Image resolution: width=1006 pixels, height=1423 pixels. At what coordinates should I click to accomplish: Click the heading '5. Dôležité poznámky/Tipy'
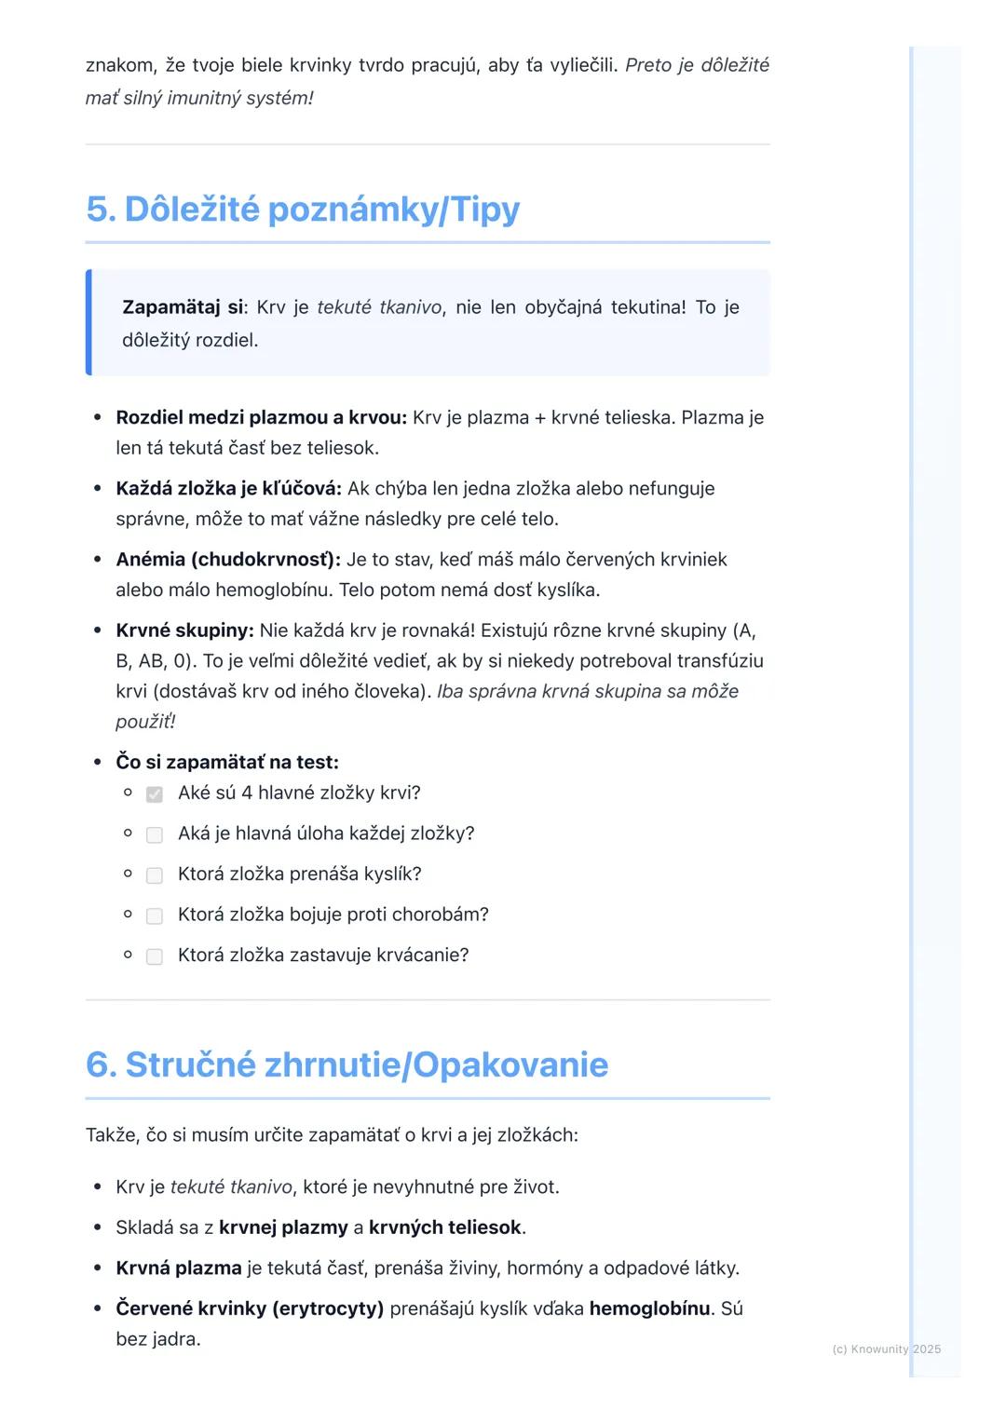click(303, 210)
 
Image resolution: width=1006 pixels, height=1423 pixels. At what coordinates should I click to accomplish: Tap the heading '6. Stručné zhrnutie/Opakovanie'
click(347, 1064)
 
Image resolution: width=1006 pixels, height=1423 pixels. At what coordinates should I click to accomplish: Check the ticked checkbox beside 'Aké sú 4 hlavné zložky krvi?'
click(155, 794)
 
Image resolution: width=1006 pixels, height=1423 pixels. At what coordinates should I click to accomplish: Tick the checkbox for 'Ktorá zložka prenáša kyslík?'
click(155, 875)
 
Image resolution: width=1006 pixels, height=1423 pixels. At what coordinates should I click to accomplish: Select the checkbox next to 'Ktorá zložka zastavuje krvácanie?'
click(155, 956)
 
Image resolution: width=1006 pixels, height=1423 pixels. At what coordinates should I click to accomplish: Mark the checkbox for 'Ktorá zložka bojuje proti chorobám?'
click(155, 916)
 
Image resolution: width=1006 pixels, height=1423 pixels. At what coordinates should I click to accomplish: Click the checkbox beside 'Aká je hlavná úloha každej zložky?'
click(155, 835)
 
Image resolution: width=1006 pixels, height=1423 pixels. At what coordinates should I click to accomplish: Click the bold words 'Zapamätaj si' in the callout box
click(183, 307)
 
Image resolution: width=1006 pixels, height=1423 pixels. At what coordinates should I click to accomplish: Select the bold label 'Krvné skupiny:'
click(184, 630)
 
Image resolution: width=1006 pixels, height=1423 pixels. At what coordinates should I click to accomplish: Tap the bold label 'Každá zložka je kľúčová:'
click(228, 489)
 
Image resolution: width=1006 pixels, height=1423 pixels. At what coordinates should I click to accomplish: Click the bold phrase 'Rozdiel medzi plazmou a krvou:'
click(261, 417)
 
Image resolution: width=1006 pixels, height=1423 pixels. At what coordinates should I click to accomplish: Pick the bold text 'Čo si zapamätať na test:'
click(227, 763)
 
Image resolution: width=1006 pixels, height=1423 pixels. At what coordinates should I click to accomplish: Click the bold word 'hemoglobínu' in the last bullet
click(649, 1308)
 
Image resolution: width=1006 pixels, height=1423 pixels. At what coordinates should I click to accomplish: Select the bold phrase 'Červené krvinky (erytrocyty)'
click(250, 1308)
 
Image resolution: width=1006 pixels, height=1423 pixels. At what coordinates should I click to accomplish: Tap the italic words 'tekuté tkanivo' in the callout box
click(379, 307)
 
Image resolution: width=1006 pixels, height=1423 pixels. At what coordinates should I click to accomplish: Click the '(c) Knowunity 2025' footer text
click(886, 1349)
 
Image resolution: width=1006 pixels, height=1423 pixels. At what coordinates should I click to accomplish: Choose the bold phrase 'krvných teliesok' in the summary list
click(444, 1227)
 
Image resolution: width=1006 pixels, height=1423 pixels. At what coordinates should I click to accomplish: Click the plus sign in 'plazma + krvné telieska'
click(539, 418)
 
